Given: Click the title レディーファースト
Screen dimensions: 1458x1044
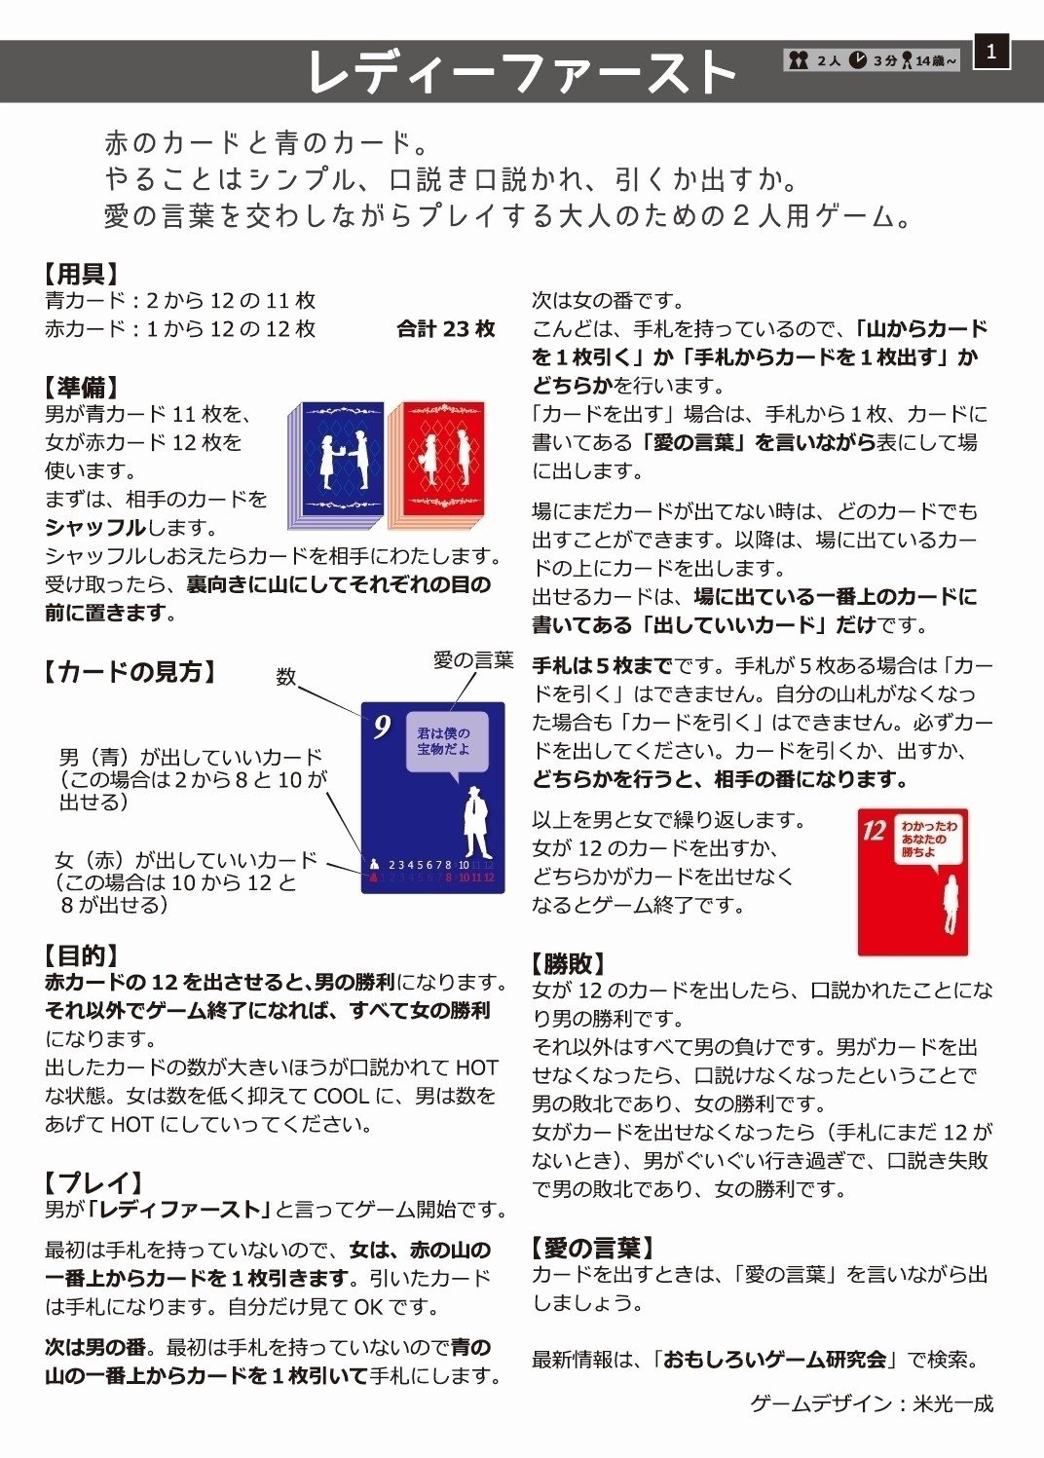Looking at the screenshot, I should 522,72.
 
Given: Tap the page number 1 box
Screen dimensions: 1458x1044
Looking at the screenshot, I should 991,52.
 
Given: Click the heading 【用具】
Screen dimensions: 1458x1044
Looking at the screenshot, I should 82,275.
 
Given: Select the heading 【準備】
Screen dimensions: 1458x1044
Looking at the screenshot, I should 82,388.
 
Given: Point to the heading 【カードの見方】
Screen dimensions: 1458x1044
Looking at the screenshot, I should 130,671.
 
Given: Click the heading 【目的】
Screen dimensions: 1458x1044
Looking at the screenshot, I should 82,955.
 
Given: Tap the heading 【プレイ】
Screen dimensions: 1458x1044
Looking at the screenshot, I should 94,1182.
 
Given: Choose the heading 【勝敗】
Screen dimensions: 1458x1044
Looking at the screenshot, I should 569,964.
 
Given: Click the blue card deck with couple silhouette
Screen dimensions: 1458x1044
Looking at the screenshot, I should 338,463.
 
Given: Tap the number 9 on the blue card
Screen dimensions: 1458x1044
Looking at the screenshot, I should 382,727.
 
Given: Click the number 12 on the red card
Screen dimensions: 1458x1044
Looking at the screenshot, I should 874,830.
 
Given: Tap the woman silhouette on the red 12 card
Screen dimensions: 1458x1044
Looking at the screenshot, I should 950,903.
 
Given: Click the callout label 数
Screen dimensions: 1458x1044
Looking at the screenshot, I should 285,676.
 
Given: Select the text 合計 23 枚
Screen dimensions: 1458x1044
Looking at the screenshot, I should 446,329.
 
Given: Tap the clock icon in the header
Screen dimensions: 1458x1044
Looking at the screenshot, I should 857,60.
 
